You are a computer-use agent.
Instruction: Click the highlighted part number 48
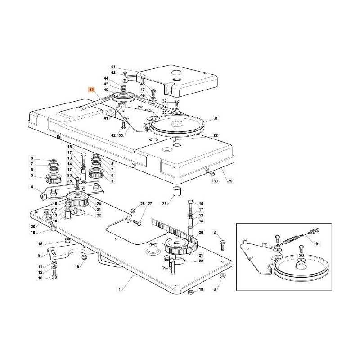pos(91,90)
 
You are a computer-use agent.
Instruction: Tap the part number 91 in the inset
pos(318,244)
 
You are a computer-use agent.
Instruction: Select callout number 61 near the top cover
pos(113,67)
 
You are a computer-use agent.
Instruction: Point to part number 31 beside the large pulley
pos(216,118)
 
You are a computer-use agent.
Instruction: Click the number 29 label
pos(230,181)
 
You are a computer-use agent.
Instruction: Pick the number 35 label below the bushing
pos(165,204)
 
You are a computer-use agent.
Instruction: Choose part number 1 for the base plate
pos(119,289)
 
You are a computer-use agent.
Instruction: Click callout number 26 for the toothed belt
pos(201,232)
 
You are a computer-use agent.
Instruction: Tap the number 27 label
pos(150,204)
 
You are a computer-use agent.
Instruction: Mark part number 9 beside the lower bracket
pos(39,255)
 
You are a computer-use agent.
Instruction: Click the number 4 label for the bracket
pos(31,187)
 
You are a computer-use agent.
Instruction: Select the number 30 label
pos(216,181)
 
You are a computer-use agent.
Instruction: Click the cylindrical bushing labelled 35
pos(176,192)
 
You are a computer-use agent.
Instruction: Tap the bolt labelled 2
pos(222,245)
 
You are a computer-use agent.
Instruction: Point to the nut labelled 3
pos(222,275)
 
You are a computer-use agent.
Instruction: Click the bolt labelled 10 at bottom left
pos(54,274)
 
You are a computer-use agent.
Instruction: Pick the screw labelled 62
pos(125,73)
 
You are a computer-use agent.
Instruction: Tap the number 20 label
pos(33,227)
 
